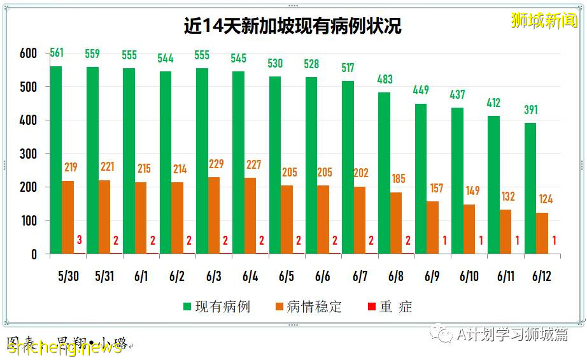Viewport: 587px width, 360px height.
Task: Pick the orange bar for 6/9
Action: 432,227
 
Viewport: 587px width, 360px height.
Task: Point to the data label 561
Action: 56,53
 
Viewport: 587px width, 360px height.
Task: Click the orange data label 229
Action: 216,164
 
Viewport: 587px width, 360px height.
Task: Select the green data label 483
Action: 385,80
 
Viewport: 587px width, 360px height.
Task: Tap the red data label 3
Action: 80,240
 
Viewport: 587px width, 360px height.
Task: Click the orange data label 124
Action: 545,199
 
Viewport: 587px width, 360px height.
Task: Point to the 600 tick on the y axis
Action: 29,54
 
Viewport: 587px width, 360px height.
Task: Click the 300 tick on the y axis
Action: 29,154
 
